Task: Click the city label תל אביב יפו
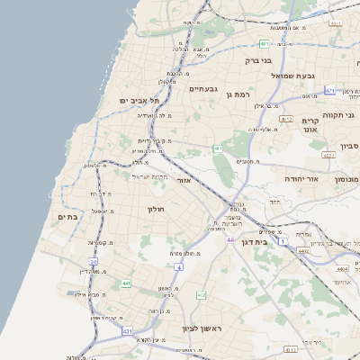pos(140,100)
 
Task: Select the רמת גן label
pos(237,94)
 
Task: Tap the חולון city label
pos(157,208)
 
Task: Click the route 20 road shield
pos(93,262)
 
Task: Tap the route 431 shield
pos(128,331)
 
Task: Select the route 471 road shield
pos(330,91)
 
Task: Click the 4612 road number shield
pos(286,119)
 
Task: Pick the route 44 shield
pos(231,240)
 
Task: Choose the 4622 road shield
pos(328,155)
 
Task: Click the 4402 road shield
pos(303,251)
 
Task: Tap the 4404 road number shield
pos(341,268)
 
